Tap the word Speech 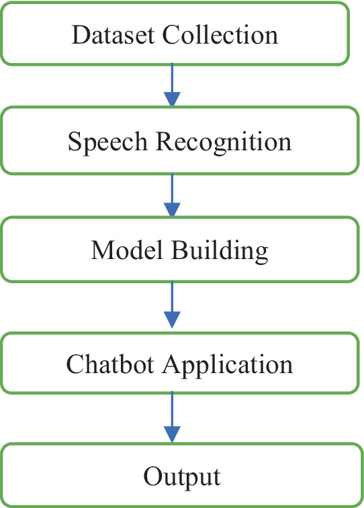tap(108, 143)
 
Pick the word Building tap(220, 250)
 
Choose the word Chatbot tap(111, 364)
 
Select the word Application tap(229, 365)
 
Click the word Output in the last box tap(181, 477)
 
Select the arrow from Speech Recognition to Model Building tap(173, 191)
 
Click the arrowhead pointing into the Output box tap(173, 435)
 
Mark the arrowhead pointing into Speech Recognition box tap(173, 99)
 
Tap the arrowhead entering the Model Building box tap(173, 209)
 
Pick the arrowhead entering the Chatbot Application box tap(173, 320)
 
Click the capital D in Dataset tap(80, 34)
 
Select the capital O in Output tap(150, 477)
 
